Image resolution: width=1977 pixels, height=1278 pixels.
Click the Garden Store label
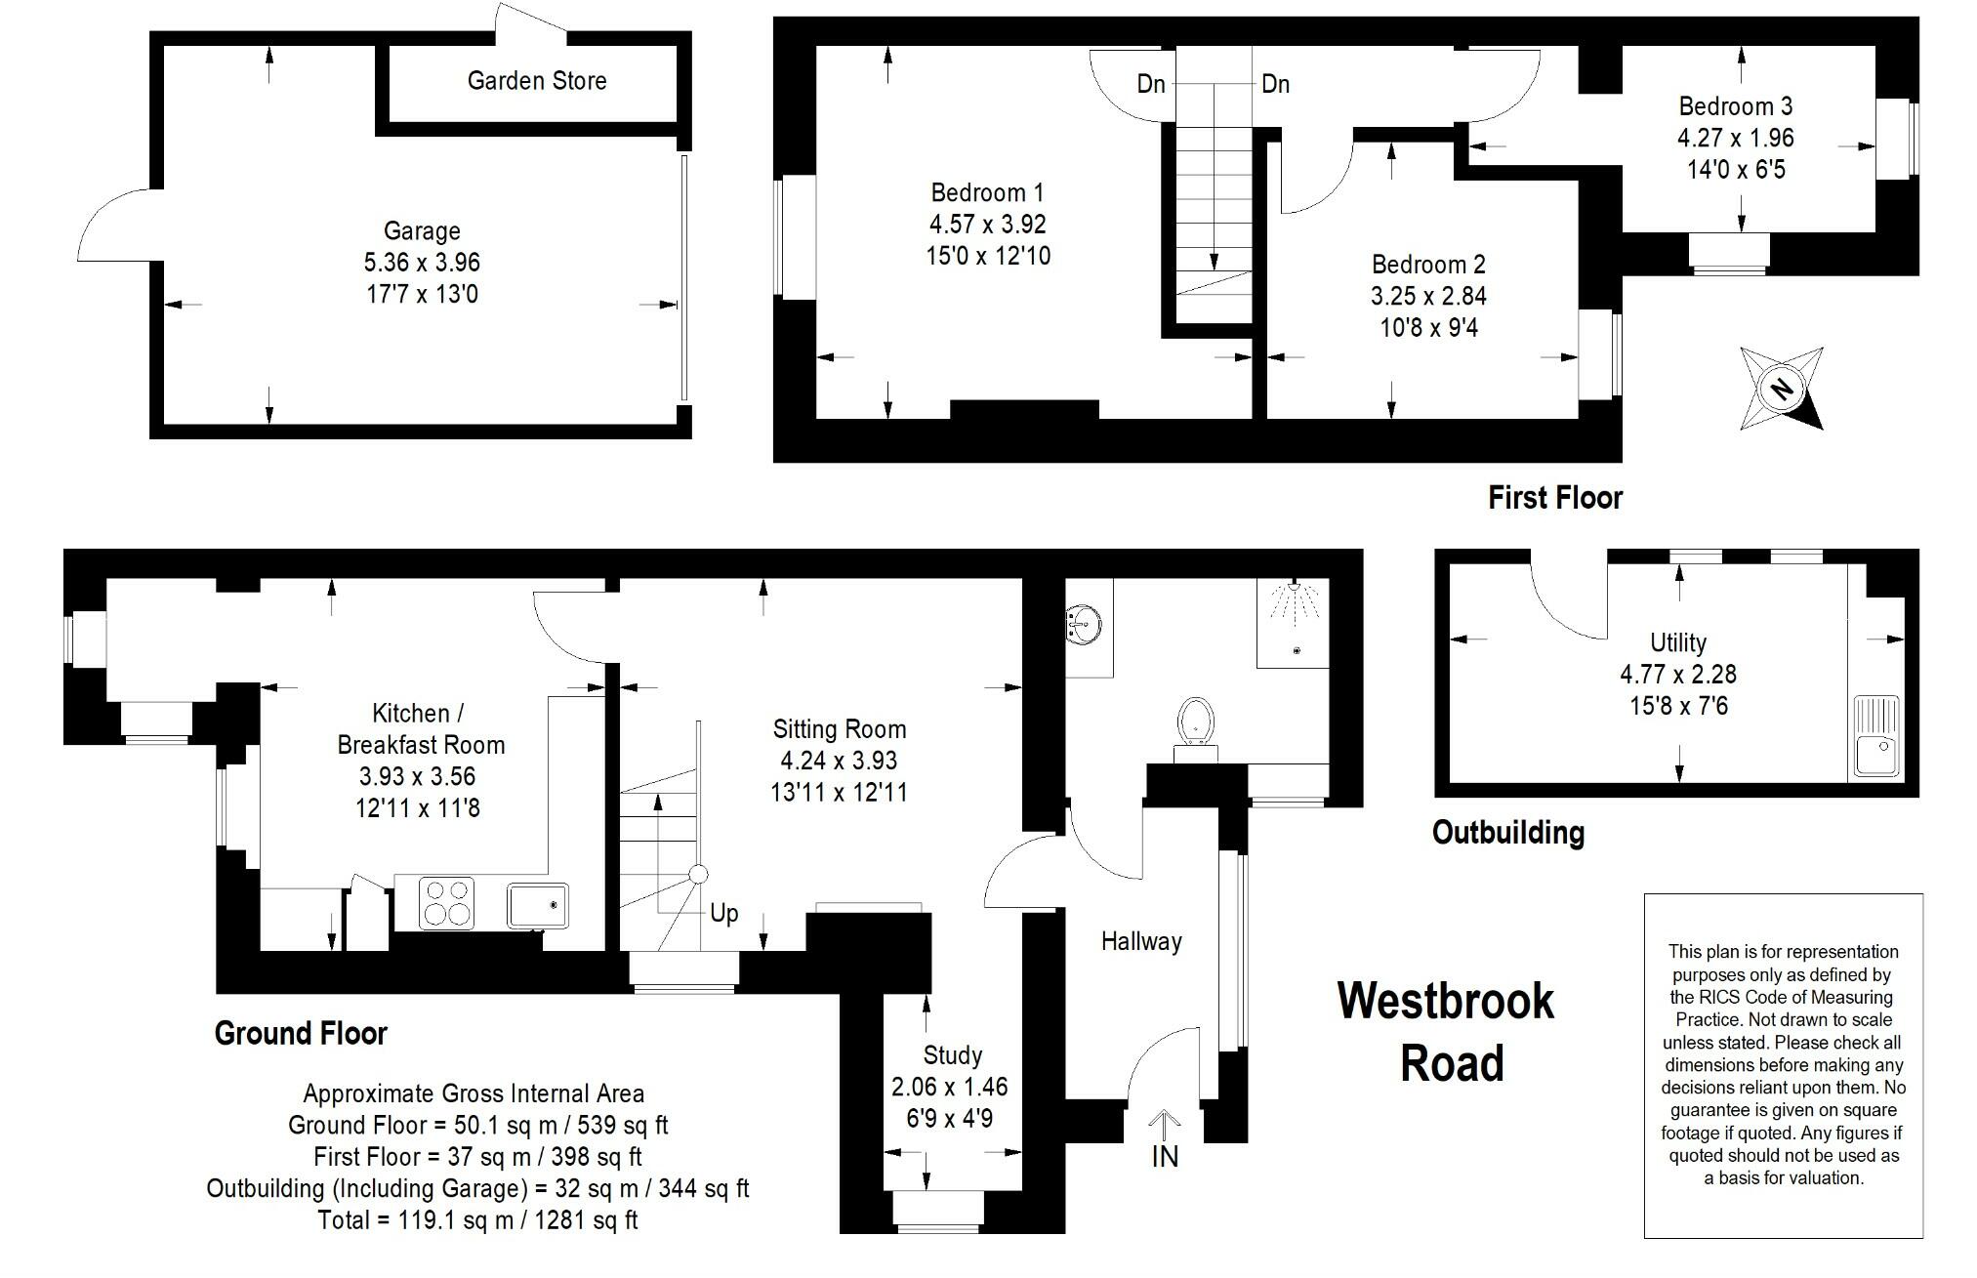pyautogui.click(x=537, y=81)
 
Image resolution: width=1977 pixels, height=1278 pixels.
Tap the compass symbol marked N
pyautogui.click(x=1782, y=389)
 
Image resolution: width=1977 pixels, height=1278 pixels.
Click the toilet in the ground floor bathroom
pyautogui.click(x=1195, y=722)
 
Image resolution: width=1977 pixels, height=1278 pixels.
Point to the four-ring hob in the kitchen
pyautogui.click(x=447, y=903)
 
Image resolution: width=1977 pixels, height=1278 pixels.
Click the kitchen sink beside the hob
pyautogui.click(x=537, y=905)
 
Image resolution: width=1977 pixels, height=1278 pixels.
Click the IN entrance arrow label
pyautogui.click(x=1165, y=1156)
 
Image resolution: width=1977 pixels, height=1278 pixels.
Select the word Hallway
pyautogui.click(x=1141, y=941)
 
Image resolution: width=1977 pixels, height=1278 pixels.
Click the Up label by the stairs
pyautogui.click(x=723, y=913)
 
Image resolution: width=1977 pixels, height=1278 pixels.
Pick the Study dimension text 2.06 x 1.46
pyautogui.click(x=949, y=1087)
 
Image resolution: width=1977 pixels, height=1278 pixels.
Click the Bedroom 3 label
pyautogui.click(x=1735, y=106)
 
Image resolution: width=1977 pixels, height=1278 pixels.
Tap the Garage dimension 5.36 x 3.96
pyautogui.click(x=422, y=263)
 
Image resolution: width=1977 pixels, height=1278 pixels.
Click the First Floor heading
pyautogui.click(x=1554, y=498)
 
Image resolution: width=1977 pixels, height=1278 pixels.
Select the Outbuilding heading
pyautogui.click(x=1507, y=833)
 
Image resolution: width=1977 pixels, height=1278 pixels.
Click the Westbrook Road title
pyautogui.click(x=1447, y=1032)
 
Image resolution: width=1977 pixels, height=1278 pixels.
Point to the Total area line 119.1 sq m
pyautogui.click(x=477, y=1219)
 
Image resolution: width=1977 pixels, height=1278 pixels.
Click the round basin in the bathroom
pyautogui.click(x=1085, y=623)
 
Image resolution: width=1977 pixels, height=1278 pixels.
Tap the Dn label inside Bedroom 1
pyautogui.click(x=1151, y=84)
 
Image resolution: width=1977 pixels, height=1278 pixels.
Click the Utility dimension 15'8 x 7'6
pyautogui.click(x=1678, y=706)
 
